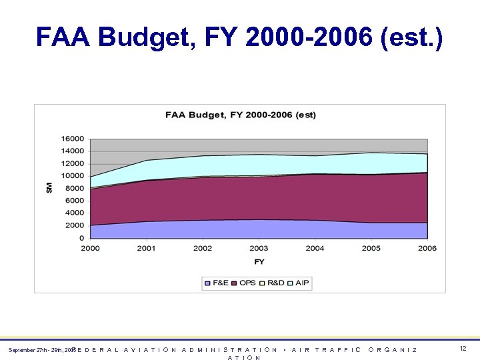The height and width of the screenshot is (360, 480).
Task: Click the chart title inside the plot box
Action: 241,115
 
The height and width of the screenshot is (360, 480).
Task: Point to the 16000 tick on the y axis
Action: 73,139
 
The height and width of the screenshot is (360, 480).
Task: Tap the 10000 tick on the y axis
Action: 73,176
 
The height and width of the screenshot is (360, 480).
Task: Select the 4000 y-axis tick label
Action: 75,213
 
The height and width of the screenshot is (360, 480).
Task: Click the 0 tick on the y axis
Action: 81,238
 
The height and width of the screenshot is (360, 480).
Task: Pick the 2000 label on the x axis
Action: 90,249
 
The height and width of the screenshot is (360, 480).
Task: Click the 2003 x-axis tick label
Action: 259,249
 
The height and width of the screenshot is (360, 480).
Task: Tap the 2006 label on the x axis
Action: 427,249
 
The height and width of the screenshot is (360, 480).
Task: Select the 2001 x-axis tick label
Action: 146,249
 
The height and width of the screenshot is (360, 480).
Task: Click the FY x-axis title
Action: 259,261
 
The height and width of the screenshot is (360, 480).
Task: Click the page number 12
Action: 463,349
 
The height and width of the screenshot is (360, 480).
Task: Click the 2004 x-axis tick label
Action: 315,249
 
